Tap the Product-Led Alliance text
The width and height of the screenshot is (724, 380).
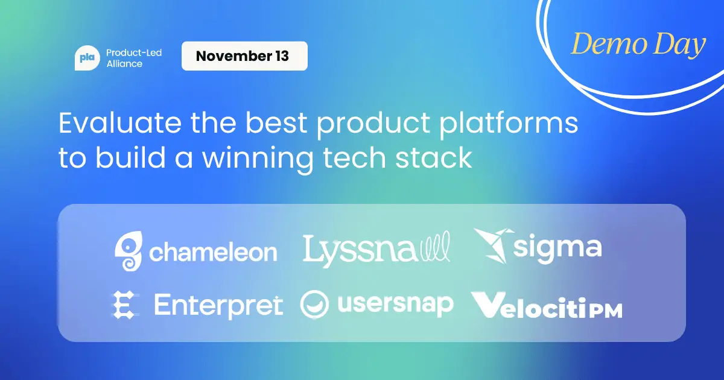133,58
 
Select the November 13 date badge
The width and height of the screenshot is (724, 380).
244,57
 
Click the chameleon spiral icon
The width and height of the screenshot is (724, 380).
129,252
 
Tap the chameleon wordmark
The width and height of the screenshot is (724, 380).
213,253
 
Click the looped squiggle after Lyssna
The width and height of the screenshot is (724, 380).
434,249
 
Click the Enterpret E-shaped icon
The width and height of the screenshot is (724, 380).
124,305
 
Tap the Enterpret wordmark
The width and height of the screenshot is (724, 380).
218,305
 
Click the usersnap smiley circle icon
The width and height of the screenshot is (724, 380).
314,305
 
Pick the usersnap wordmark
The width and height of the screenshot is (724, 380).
395,305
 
